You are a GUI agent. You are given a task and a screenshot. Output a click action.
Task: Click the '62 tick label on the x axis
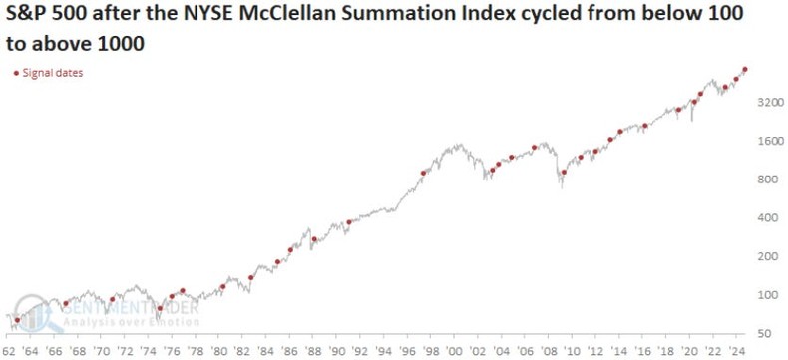tap(10, 352)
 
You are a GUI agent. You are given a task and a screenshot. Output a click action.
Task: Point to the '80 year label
tap(222, 352)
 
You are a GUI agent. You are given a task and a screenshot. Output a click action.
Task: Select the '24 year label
tap(737, 352)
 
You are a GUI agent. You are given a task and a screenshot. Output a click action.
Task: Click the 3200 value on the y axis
tap(768, 103)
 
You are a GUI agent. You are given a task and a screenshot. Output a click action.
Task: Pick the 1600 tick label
tap(768, 141)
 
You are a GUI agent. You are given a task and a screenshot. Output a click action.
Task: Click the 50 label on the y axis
tap(762, 333)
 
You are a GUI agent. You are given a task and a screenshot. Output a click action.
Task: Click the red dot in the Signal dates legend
tap(15, 73)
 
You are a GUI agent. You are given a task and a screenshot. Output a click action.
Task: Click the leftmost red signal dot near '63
tap(17, 320)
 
